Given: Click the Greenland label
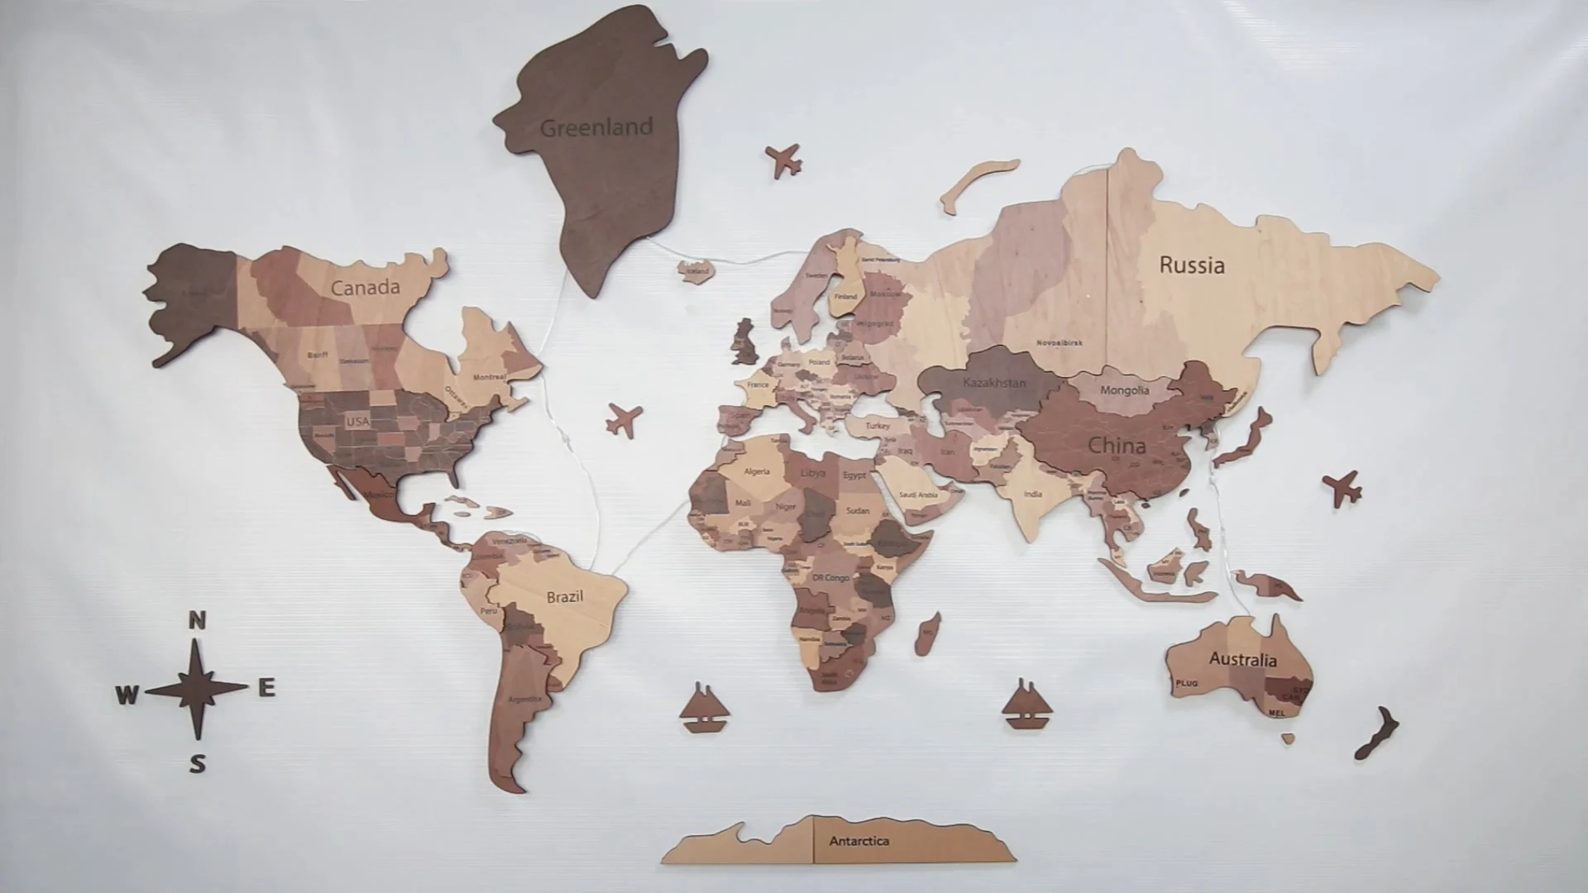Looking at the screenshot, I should click(x=596, y=127).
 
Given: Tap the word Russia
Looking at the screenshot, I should click(x=1191, y=265).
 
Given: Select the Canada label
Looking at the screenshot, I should click(x=365, y=288).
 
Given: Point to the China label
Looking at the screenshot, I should click(x=1117, y=446).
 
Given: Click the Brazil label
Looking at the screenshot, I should click(x=565, y=596).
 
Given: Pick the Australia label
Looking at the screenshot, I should click(x=1242, y=659).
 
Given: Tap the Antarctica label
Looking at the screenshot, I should click(x=859, y=841).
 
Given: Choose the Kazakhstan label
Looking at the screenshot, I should click(x=994, y=383).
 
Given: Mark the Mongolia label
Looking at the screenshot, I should click(x=1124, y=389).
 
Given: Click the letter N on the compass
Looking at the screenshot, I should click(x=197, y=620).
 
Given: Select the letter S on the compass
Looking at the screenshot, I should click(x=197, y=763).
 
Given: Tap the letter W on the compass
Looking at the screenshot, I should click(x=127, y=695).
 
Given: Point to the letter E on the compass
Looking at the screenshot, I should click(x=266, y=687).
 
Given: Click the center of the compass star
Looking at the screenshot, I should click(x=197, y=689).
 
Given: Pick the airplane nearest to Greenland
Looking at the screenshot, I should click(x=783, y=159).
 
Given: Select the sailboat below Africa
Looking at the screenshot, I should click(x=704, y=709).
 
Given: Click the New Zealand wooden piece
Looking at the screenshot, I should click(x=1376, y=733).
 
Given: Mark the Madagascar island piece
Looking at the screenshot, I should click(x=927, y=633).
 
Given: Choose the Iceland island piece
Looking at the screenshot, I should click(x=696, y=270).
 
